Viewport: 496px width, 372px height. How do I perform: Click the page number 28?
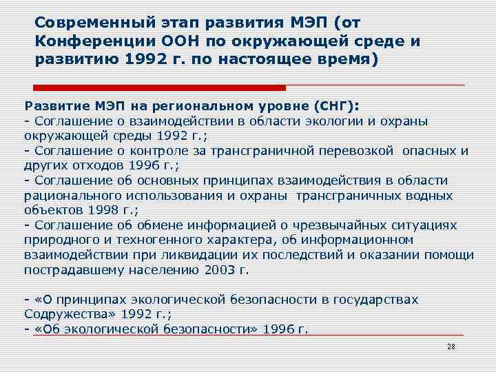pos(451,347)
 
